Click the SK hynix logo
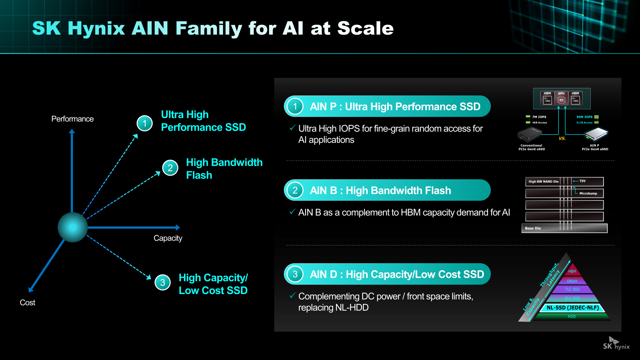616,344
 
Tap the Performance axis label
72,119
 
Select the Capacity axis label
168,238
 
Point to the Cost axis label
28,303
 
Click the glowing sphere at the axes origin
73,227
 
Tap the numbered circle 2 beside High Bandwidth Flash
170,168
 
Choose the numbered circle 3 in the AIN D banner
295,274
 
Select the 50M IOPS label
584,117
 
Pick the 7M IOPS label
539,117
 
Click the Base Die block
564,228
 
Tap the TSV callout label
582,181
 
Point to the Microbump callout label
588,193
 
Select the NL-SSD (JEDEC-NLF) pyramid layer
572,308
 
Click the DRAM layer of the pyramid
572,281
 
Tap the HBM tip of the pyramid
572,271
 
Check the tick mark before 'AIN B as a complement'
292,212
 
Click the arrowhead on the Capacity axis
178,228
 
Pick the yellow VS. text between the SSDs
562,139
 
